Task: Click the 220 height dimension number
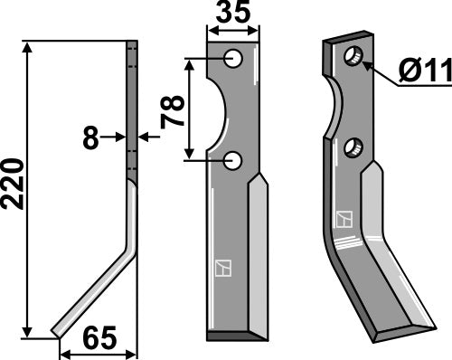(14, 186)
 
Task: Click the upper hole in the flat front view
(234, 60)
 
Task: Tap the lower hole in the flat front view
(234, 160)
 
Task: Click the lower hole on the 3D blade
(354, 146)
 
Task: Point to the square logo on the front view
(222, 268)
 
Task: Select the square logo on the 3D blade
(344, 220)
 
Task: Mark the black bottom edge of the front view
(238, 337)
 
